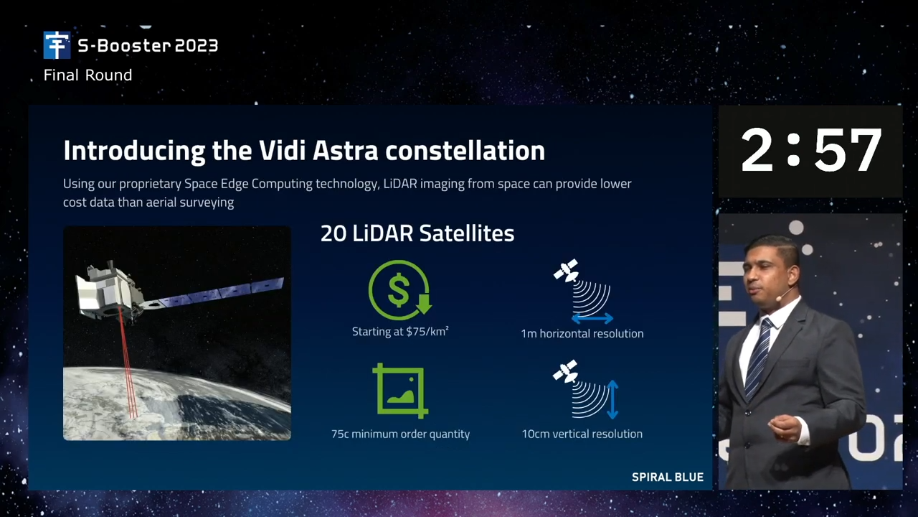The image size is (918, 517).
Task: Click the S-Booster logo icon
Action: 57,45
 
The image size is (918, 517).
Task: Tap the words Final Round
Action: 87,75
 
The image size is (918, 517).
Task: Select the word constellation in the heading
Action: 465,150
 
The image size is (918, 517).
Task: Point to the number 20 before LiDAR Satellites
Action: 333,233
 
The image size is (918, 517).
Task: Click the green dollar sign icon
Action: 400,290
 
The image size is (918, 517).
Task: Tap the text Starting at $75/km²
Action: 400,332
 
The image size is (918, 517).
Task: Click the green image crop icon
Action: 400,391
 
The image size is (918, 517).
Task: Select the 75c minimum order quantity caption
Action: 400,434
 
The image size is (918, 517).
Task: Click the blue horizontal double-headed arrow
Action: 592,318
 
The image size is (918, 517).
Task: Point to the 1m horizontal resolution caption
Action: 582,334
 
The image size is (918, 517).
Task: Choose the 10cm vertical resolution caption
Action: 582,434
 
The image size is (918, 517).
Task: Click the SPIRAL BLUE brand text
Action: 668,477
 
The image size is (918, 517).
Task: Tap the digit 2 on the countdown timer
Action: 757,150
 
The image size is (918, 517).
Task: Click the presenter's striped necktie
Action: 759,358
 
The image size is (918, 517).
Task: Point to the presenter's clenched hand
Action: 785,427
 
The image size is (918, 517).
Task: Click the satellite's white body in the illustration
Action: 108,289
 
